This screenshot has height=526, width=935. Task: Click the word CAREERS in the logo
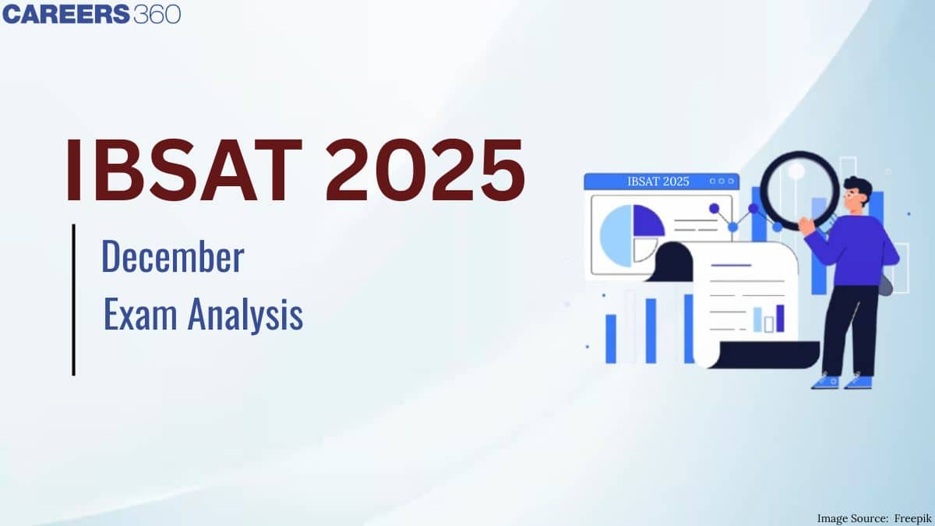66,14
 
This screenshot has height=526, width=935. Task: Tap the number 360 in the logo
157,14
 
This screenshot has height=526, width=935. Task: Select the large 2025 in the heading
425,170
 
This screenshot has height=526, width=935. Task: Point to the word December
173,256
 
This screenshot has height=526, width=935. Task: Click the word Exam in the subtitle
140,314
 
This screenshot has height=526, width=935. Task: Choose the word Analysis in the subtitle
245,315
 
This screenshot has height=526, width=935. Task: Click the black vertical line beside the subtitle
74,300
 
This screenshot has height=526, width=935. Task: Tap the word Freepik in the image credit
912,518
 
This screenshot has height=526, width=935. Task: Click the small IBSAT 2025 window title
658,182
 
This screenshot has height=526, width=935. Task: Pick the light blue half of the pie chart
616,236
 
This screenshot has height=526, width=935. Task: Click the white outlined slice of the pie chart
644,249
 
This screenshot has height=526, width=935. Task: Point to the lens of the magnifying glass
799,190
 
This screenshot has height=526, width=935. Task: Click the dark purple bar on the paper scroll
780,319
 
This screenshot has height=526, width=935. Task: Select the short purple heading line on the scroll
732,265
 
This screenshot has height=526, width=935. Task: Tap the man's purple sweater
856,250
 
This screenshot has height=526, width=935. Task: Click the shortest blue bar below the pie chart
611,339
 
